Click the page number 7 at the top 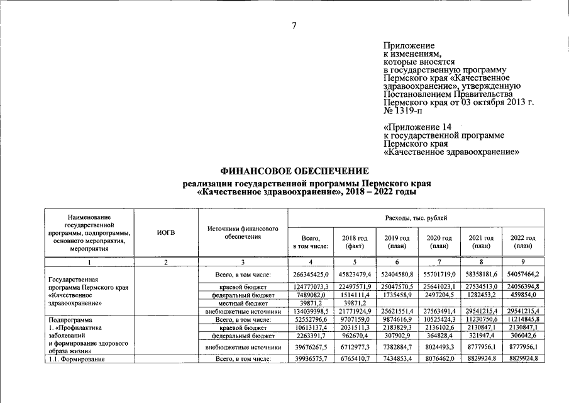coord(293,25)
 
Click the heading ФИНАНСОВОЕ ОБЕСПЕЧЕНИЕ coord(294,171)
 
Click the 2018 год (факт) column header coord(355,242)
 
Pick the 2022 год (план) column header coord(523,242)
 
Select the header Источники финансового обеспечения coord(243,233)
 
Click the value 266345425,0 coord(311,274)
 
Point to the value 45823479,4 coord(354,274)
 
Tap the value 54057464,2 coord(522,274)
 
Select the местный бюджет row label coord(243,302)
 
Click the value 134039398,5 coord(311,311)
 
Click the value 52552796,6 coord(311,319)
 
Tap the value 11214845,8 coord(522,319)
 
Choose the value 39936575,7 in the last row coord(311,359)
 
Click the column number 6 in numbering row coord(396,262)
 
